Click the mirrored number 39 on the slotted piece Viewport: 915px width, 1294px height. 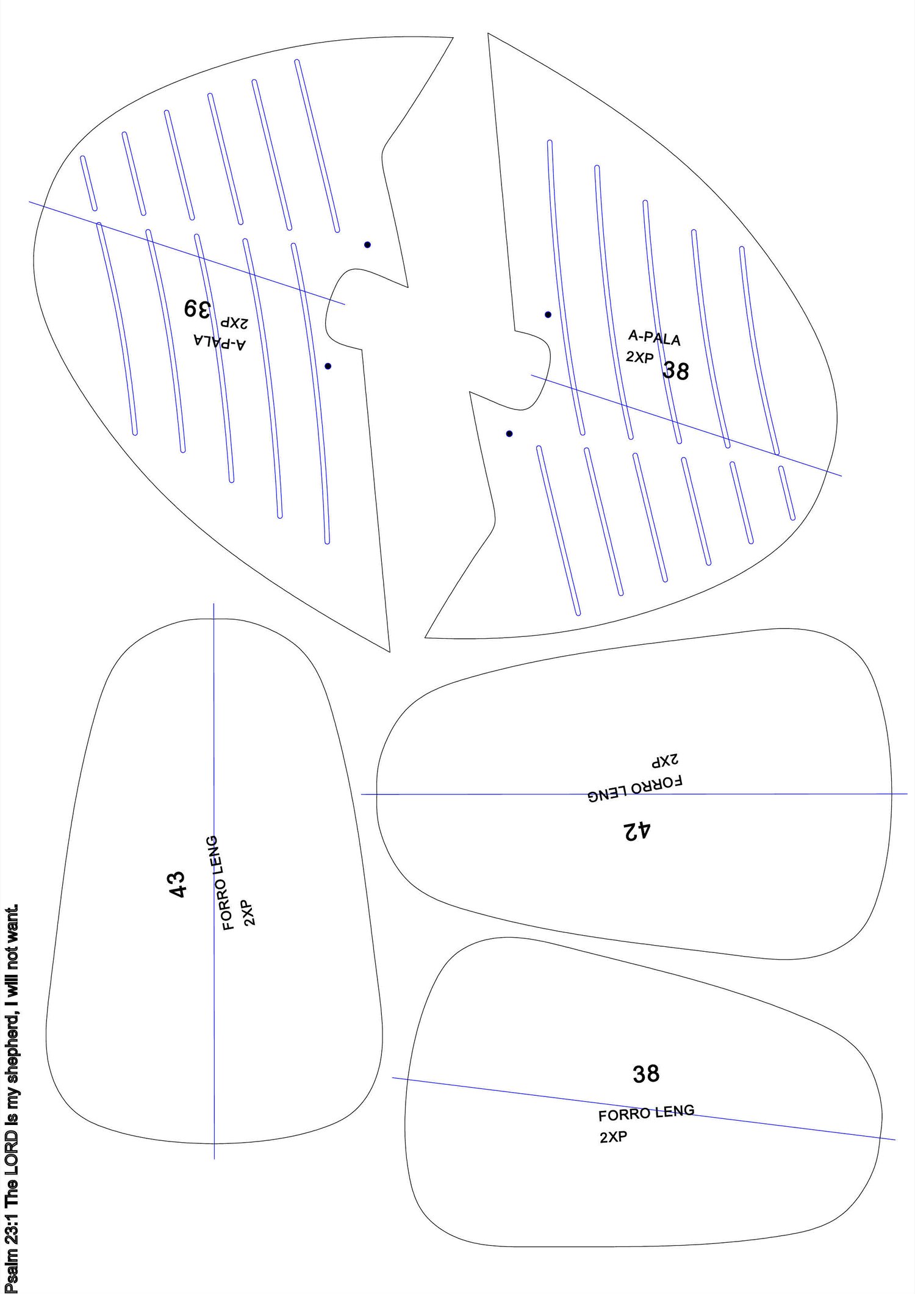[x=197, y=308]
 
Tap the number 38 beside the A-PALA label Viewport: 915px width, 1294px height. [x=676, y=370]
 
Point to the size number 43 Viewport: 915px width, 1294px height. [x=177, y=884]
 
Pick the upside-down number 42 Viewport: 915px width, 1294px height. [x=637, y=830]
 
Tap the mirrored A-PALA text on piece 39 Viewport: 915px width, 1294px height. [x=220, y=342]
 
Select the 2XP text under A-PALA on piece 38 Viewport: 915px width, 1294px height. [x=639, y=358]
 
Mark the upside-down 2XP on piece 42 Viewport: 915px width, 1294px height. [x=665, y=761]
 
